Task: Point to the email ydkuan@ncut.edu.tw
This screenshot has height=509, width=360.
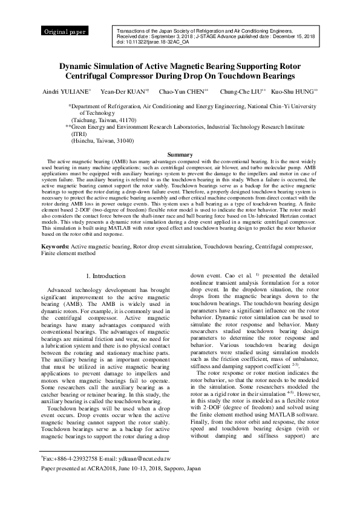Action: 143,459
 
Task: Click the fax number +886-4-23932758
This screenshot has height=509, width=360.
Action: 73,459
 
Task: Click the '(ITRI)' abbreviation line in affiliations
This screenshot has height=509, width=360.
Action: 80,134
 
